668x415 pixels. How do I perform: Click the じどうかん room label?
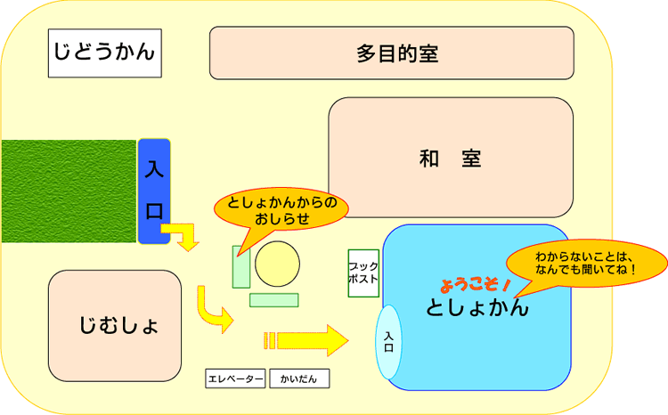tap(104, 52)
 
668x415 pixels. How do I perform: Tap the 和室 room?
tap(450, 158)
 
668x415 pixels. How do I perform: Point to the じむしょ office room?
tap(115, 324)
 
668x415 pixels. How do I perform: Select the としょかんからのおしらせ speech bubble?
tap(282, 210)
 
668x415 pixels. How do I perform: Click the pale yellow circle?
tap(275, 264)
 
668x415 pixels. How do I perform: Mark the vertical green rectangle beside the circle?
tap(240, 267)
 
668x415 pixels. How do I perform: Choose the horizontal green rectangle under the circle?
tap(273, 300)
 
